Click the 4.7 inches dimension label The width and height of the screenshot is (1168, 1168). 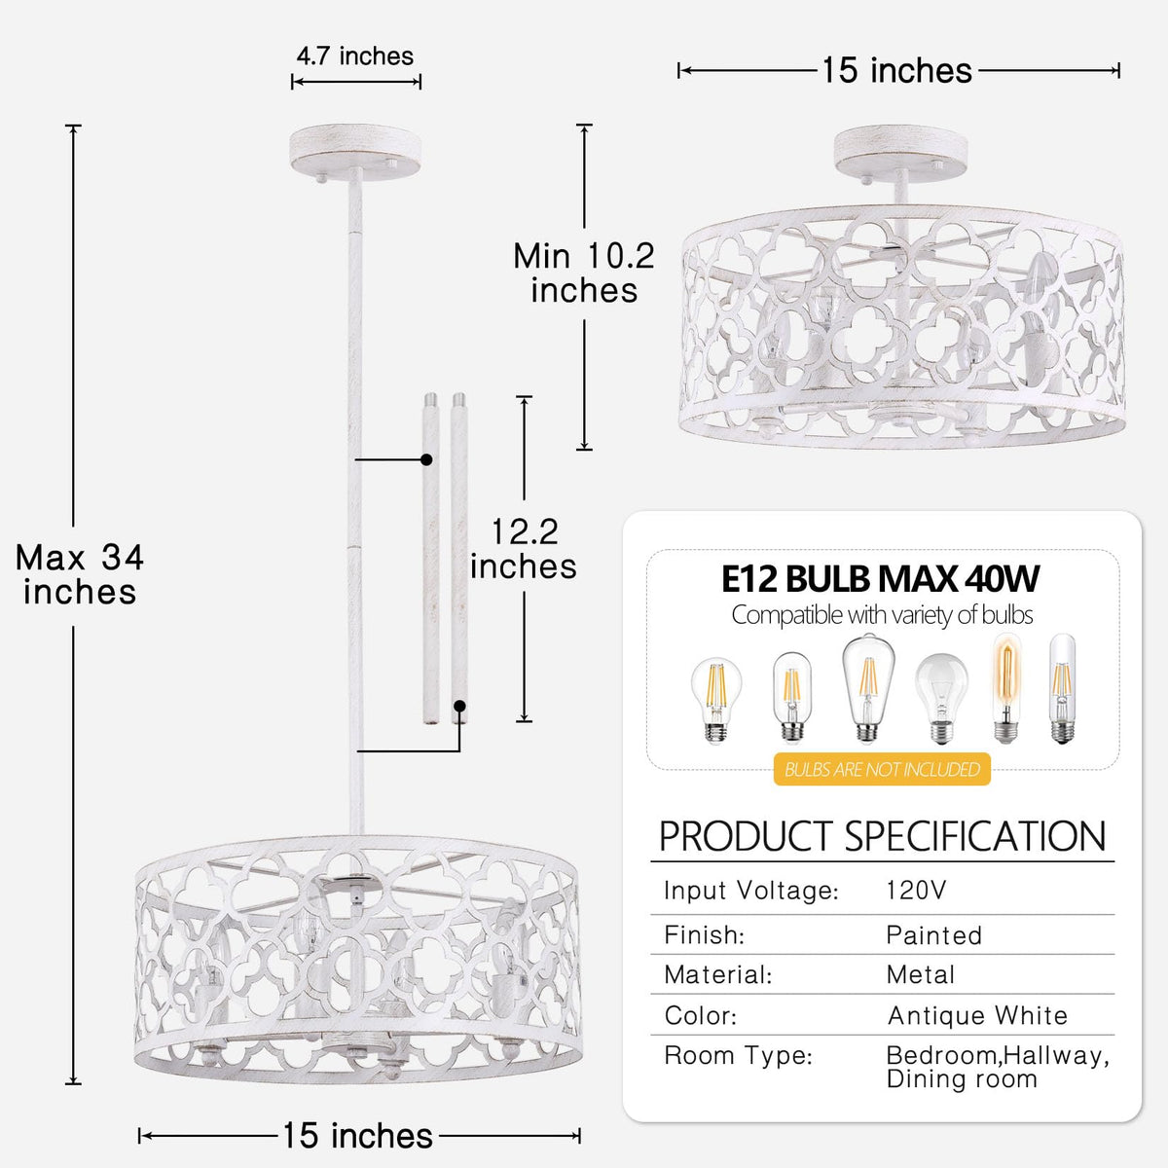354,56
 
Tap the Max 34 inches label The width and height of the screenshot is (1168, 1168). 80,574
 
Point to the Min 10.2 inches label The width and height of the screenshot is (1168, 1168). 584,273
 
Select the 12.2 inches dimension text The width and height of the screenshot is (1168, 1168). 524,549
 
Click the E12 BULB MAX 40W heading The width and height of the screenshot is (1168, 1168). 880,578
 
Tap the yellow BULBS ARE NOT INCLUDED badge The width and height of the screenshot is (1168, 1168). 882,769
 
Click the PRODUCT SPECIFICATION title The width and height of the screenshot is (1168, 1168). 883,837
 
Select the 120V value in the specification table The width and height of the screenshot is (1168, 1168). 916,891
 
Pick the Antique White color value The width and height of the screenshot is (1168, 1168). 977,1015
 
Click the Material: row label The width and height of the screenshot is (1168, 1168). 718,974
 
